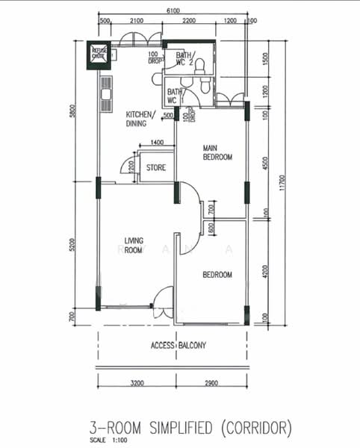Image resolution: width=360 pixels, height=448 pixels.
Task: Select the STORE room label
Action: [x=155, y=167]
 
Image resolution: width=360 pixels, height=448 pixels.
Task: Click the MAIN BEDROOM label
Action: [x=218, y=153]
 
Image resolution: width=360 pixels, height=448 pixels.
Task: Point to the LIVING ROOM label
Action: [x=133, y=246]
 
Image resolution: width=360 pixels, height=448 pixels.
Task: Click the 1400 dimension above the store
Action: [x=156, y=143]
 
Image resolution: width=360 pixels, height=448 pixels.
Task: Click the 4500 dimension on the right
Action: [x=265, y=164]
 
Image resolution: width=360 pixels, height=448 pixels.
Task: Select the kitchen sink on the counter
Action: [x=105, y=95]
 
